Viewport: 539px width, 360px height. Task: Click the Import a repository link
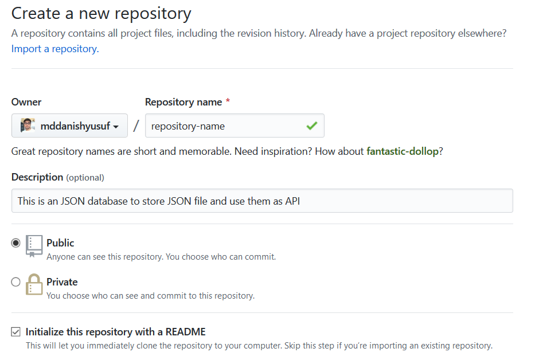(x=55, y=49)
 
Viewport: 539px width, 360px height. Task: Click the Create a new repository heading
(x=101, y=13)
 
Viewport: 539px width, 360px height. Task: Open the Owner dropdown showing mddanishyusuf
(x=69, y=126)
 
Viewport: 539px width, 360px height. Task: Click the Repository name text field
(x=224, y=126)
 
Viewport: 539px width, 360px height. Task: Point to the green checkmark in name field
(x=311, y=126)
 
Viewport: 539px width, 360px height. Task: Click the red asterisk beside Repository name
(x=228, y=101)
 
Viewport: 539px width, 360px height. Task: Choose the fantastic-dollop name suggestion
(x=402, y=151)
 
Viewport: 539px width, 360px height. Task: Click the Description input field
(x=262, y=201)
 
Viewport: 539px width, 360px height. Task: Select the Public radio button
(x=16, y=243)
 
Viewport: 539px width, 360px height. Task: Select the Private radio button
(x=16, y=282)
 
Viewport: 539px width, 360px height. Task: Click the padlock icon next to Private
(x=34, y=284)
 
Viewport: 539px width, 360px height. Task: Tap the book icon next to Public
(x=34, y=245)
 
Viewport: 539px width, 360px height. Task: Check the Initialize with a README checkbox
(x=16, y=332)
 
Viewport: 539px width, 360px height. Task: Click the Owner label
(x=26, y=102)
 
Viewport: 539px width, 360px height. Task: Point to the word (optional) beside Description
(x=85, y=178)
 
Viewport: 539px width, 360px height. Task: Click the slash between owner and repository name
(x=136, y=126)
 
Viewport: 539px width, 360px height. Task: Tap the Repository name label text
(x=183, y=102)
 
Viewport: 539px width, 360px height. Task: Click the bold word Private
(x=62, y=282)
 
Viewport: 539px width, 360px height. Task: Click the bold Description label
(x=37, y=177)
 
